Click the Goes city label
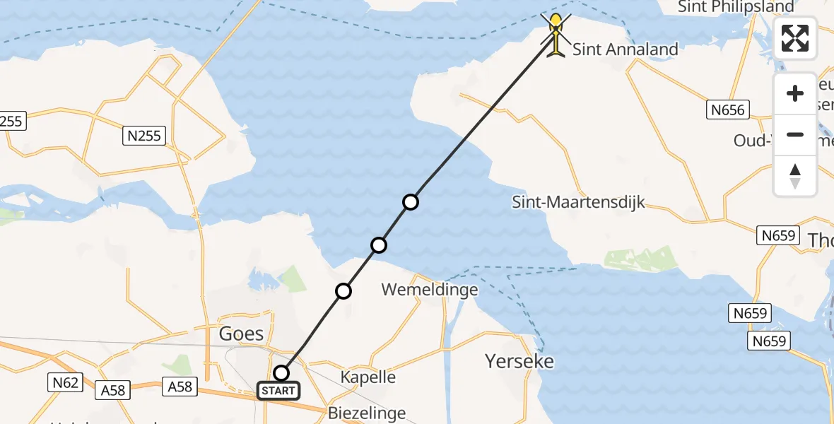(241, 334)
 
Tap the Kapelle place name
(368, 377)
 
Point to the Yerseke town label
(519, 362)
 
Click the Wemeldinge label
(430, 290)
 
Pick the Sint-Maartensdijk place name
(578, 203)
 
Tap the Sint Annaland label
(625, 49)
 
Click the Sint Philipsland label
(736, 7)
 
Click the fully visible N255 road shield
(144, 136)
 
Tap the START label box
(278, 391)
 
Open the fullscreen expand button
(795, 38)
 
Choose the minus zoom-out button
(795, 135)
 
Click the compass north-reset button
(795, 175)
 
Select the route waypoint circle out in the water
(411, 202)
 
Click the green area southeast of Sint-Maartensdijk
(640, 259)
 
